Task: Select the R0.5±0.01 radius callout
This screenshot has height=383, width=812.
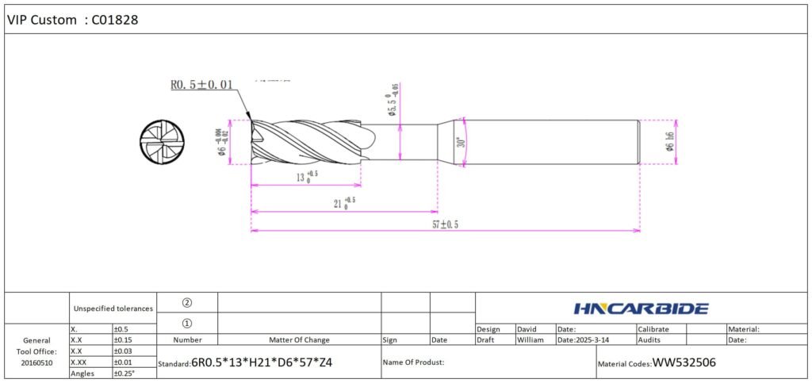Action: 201,85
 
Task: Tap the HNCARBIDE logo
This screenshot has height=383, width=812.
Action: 640,308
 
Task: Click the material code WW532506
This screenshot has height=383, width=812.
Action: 684,363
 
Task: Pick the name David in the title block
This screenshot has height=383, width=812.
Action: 527,328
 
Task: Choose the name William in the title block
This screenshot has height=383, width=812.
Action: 531,339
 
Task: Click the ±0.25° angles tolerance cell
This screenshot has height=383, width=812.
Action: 125,373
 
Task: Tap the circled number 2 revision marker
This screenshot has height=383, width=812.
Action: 187,302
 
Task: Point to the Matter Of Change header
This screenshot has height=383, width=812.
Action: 299,339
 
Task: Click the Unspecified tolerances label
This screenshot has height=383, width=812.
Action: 113,308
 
